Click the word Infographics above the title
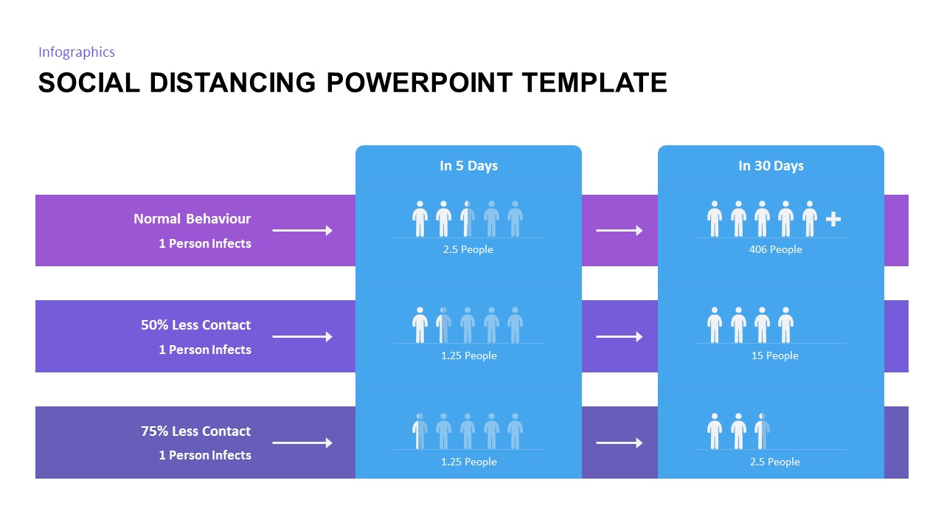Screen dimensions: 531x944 pos(77,52)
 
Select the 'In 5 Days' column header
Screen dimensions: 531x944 pos(468,166)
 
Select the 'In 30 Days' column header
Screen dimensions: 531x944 pos(771,166)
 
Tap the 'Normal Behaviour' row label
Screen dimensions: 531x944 pos(192,219)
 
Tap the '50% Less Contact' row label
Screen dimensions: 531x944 pos(195,325)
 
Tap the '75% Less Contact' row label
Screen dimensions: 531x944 pos(195,431)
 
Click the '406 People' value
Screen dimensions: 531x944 pos(775,249)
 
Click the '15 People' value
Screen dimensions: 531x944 pos(775,355)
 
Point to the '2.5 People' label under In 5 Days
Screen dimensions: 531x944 pos(468,249)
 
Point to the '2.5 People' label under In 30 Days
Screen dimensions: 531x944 pos(775,462)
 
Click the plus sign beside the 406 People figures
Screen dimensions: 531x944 pos(833,219)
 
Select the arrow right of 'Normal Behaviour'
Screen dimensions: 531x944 pos(302,231)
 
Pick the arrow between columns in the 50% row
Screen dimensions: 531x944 pos(619,337)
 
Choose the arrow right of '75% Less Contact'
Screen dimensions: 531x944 pos(302,443)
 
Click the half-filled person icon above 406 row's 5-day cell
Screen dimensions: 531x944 pos(468,219)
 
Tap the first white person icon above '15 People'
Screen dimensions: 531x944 pos(715,325)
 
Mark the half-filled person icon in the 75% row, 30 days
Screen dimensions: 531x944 pos(762,431)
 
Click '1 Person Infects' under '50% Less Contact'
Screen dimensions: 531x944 pos(205,350)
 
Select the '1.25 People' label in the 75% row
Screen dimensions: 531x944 pos(468,462)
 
